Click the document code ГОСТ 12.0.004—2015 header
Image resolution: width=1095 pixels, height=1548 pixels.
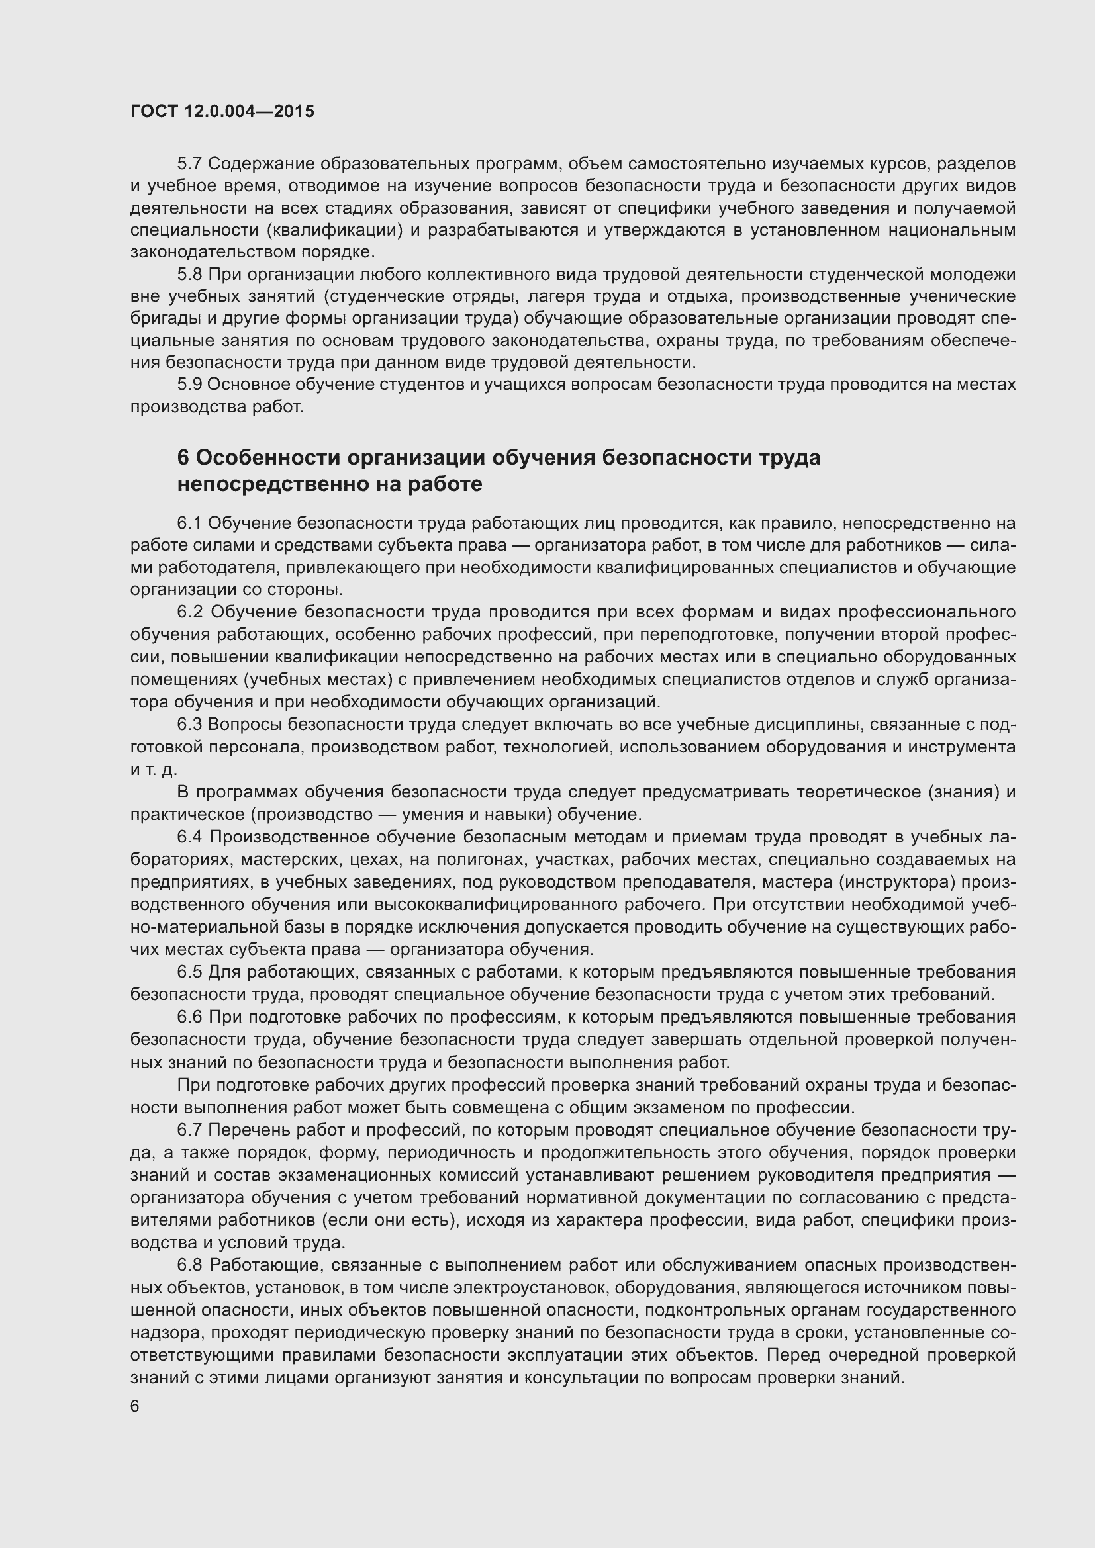coord(222,111)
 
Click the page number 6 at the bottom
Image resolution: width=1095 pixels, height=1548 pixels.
coord(135,1406)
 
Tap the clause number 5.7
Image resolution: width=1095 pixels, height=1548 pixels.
coord(189,164)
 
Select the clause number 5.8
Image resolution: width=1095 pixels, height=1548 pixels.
coord(189,275)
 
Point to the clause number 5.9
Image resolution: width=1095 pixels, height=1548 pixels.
coord(189,385)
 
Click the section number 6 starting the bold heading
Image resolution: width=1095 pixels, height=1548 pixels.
coord(183,458)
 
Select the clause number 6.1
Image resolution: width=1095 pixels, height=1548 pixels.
coord(189,524)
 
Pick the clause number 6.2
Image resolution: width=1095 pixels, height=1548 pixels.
coord(189,612)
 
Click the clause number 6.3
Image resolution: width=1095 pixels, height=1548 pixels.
coord(189,724)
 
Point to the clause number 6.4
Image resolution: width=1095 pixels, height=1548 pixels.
coord(189,837)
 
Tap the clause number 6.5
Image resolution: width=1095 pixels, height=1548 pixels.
coord(189,972)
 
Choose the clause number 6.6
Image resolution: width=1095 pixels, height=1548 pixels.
coord(189,1017)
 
